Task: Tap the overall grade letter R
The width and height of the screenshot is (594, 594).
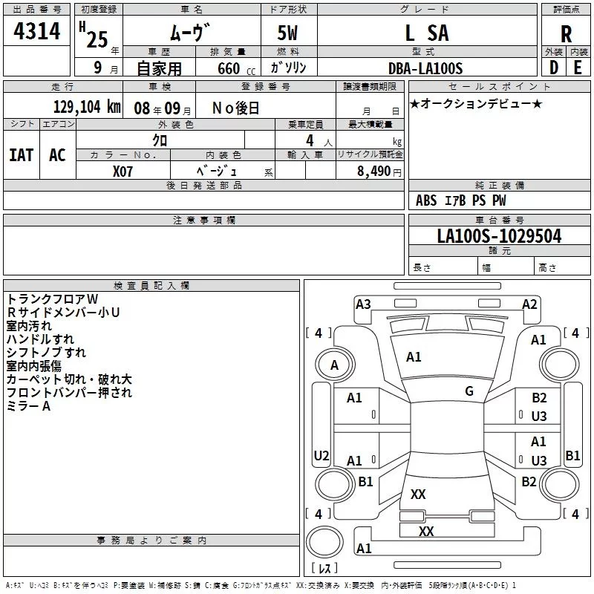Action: pos(566,34)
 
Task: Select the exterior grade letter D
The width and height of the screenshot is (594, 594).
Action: pos(553,68)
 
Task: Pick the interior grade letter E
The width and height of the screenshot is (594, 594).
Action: pos(578,68)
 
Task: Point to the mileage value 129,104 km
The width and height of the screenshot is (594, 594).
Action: pos(86,107)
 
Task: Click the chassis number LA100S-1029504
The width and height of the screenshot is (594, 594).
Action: pos(499,237)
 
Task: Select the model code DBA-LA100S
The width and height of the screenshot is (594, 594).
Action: pos(426,68)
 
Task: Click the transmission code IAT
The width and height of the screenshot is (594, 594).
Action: pos(21,154)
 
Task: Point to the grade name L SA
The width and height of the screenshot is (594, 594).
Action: pos(426,33)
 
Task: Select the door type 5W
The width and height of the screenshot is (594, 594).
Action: pos(289,34)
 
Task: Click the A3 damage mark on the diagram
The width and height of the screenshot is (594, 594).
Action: pos(363,304)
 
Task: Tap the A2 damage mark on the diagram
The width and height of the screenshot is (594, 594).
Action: pos(529,304)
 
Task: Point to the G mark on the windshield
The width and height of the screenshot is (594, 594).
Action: pos(469,391)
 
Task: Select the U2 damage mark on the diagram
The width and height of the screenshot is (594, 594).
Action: pos(322,455)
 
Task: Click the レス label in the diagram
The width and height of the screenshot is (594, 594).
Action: pos(324,568)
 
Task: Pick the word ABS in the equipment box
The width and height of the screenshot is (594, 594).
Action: pos(426,200)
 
